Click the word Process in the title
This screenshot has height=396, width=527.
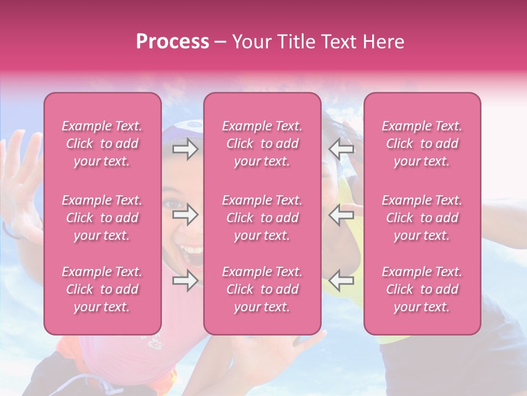[172, 42]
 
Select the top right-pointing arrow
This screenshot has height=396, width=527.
[185, 149]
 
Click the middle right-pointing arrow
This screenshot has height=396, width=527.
[185, 215]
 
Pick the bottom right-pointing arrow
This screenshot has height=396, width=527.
[185, 281]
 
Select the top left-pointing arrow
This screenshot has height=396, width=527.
[341, 149]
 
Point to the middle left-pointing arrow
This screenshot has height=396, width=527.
[341, 215]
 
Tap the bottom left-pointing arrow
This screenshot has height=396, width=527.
[341, 281]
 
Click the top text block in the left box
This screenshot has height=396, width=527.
[102, 144]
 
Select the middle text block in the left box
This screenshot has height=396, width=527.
[102, 218]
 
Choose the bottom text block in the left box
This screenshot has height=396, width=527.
[102, 289]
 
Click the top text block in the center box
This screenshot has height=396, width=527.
[262, 144]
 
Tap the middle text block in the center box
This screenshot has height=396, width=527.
[262, 218]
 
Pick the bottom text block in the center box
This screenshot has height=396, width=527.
[262, 289]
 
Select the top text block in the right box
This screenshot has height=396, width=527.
[422, 144]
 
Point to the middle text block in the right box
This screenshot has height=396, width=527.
[422, 218]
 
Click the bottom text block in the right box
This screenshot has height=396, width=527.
[422, 289]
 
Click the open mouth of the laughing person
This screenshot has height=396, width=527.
[192, 254]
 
